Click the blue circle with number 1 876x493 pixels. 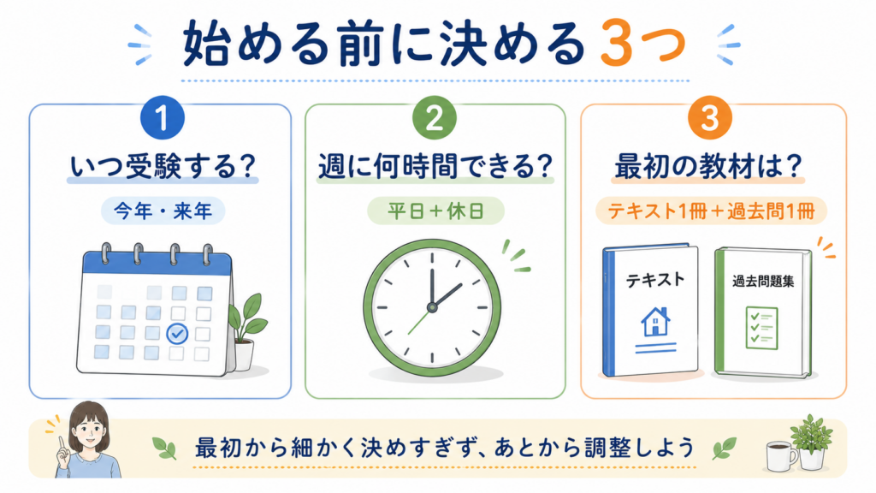click(162, 117)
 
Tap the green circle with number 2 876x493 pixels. click(434, 117)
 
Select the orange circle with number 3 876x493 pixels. click(710, 117)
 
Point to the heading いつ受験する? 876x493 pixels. click(163, 166)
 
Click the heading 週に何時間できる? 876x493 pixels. click(435, 166)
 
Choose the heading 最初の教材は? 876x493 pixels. click(707, 166)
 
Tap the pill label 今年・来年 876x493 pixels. click(163, 211)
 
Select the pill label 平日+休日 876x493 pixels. click(435, 211)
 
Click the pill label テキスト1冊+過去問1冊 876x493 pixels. click(711, 211)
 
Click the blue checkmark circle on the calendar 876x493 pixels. click(177, 334)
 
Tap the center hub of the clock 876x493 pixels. click(432, 307)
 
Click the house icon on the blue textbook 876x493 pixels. click(655, 322)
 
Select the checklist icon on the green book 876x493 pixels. click(761, 328)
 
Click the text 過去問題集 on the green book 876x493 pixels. click(763, 281)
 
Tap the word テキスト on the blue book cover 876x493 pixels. click(654, 280)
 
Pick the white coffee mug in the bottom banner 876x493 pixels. click(781, 455)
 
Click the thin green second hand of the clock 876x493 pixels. click(419, 321)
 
